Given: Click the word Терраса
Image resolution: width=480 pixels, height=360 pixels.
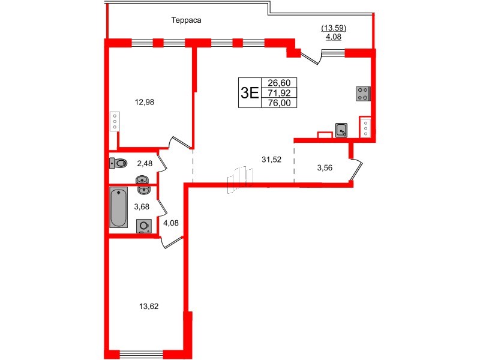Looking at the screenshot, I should tap(185, 20).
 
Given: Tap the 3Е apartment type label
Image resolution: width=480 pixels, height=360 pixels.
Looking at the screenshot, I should tap(249, 92).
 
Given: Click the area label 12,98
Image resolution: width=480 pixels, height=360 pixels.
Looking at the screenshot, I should tap(145, 102).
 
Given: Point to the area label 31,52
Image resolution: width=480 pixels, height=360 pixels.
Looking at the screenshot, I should tap(272, 159).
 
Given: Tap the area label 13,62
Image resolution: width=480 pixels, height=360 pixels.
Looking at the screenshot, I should tap(148, 306).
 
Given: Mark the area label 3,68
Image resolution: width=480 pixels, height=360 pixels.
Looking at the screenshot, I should tap(142, 206).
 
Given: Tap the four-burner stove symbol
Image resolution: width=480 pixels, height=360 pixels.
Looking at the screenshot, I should tap(364, 94).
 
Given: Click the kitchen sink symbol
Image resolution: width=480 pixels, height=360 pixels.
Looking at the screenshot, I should tap(341, 130).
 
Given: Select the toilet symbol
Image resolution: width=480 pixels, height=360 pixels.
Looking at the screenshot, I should tap(119, 163).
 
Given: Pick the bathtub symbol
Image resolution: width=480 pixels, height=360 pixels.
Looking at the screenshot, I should tap(118, 208).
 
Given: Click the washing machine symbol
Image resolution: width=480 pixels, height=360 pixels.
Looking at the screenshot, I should tap(144, 226).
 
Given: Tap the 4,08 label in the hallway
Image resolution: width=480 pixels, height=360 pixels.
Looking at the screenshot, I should tap(171, 223).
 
